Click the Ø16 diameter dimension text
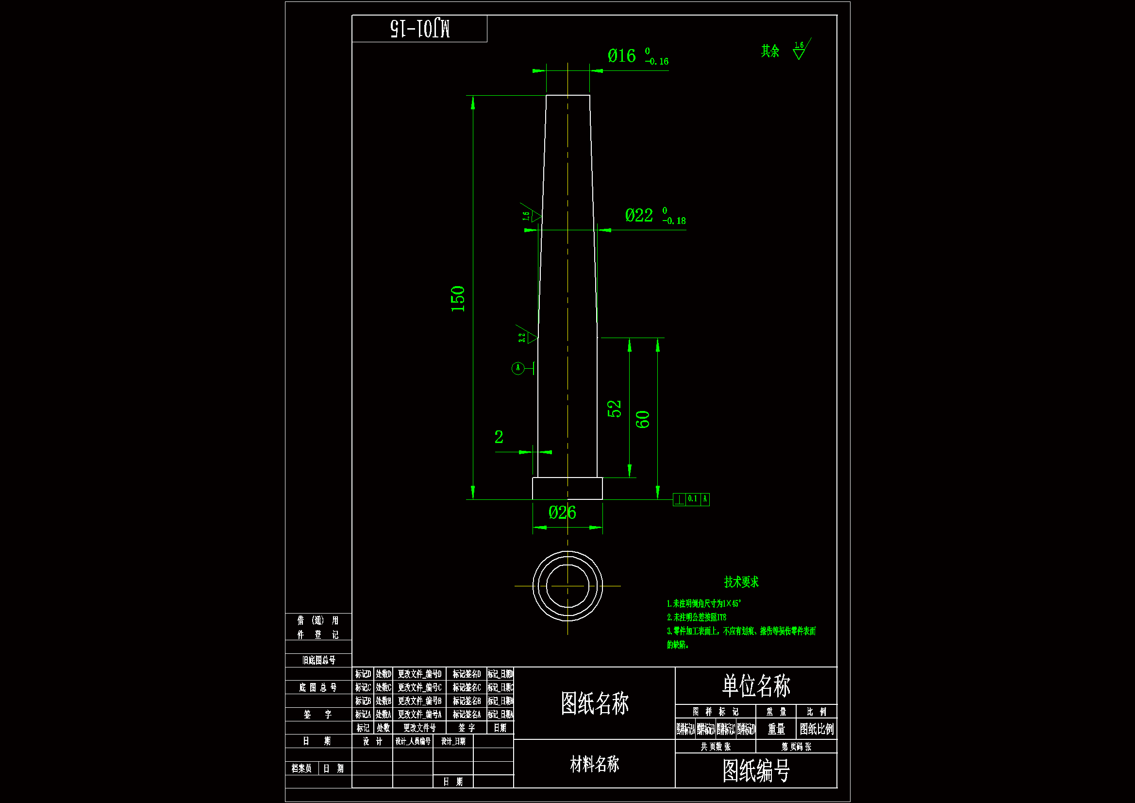click(622, 56)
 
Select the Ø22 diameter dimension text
click(639, 216)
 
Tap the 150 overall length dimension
click(458, 299)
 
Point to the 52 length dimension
click(614, 409)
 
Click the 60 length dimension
click(642, 420)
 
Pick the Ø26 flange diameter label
click(563, 513)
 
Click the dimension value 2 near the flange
click(499, 437)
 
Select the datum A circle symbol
click(517, 368)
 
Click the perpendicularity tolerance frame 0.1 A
click(692, 499)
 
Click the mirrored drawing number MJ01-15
click(420, 29)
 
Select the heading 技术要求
click(741, 582)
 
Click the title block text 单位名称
click(756, 686)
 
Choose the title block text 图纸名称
click(594, 703)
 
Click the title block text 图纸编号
click(756, 771)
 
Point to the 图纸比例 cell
click(817, 729)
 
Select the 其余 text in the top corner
click(770, 51)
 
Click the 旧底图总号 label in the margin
click(319, 660)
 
